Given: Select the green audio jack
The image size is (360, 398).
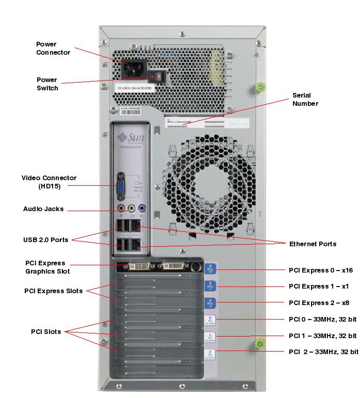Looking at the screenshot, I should tap(132, 209).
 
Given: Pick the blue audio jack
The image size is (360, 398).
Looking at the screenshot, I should tap(143, 209).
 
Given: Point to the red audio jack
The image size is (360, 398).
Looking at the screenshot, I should tap(121, 209).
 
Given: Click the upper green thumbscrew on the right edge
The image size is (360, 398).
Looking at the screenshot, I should tap(260, 86).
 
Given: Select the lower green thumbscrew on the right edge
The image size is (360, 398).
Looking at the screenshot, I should tap(260, 342).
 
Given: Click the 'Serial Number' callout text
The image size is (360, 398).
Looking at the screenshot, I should tap(305, 99).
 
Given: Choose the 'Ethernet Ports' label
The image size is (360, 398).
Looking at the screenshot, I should tap(313, 244).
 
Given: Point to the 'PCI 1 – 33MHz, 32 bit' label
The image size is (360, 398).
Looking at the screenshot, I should tap(323, 336).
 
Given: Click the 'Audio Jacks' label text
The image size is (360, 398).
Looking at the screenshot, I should tap(43, 209).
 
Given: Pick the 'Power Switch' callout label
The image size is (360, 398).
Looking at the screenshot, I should tap(47, 84).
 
